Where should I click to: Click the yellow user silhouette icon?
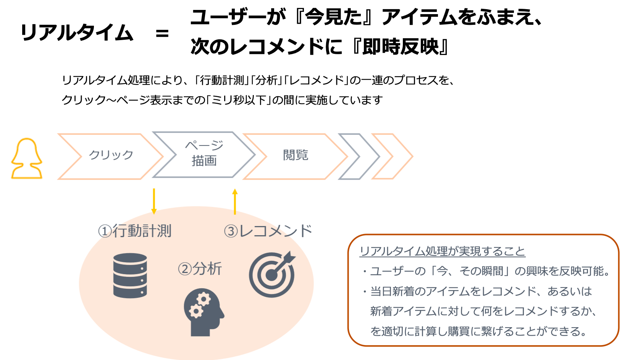(x=27, y=158)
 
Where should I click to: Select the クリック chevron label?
(x=111, y=155)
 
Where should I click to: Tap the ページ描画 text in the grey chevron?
(x=204, y=153)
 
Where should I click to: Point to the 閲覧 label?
(x=295, y=155)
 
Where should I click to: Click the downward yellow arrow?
(x=153, y=201)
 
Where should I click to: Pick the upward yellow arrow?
(x=235, y=201)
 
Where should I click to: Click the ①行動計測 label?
(x=135, y=231)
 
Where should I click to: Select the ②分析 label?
(x=200, y=269)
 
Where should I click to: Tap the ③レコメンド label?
(x=268, y=231)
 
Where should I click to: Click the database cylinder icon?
(x=130, y=275)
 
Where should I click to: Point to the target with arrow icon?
(x=272, y=274)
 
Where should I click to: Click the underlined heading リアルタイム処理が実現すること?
(x=443, y=251)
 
